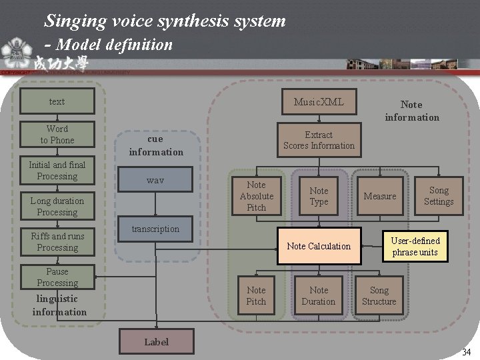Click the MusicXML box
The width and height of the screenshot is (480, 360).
tap(319, 102)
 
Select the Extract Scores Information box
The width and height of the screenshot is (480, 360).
tap(319, 140)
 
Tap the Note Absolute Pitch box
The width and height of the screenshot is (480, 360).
tap(256, 196)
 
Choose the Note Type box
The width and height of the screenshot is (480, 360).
tap(319, 196)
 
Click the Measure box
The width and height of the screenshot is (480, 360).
tap(380, 196)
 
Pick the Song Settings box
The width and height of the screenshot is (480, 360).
tap(439, 196)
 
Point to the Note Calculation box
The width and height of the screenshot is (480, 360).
tap(319, 246)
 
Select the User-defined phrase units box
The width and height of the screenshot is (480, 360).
tap(415, 246)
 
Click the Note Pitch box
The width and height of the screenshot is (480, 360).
tap(256, 295)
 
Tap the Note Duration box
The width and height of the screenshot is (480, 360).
tap(319, 295)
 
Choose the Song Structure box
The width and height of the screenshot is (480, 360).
tap(379, 295)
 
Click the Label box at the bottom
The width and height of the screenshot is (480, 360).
tap(157, 341)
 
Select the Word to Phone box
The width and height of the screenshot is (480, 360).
tap(57, 134)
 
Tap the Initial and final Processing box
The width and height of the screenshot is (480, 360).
tap(57, 171)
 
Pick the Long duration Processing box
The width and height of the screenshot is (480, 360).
tap(57, 207)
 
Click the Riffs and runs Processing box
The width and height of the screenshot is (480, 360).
tap(57, 242)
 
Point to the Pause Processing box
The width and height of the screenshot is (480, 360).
tap(57, 277)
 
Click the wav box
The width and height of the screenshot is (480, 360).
tap(155, 180)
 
